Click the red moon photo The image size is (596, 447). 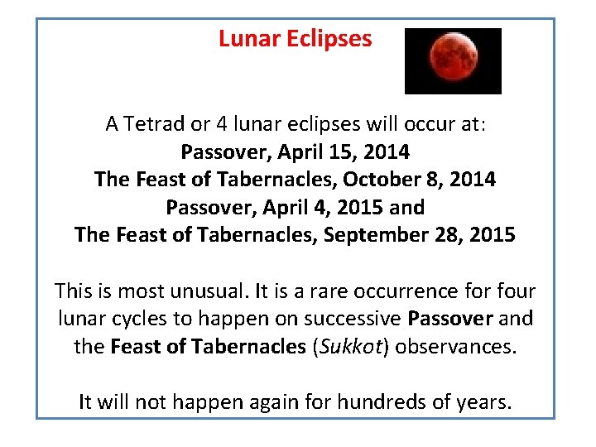coord(453,60)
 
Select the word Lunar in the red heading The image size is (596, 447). coord(246,39)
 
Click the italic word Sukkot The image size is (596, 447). coord(356,347)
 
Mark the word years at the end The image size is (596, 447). coord(488,402)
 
